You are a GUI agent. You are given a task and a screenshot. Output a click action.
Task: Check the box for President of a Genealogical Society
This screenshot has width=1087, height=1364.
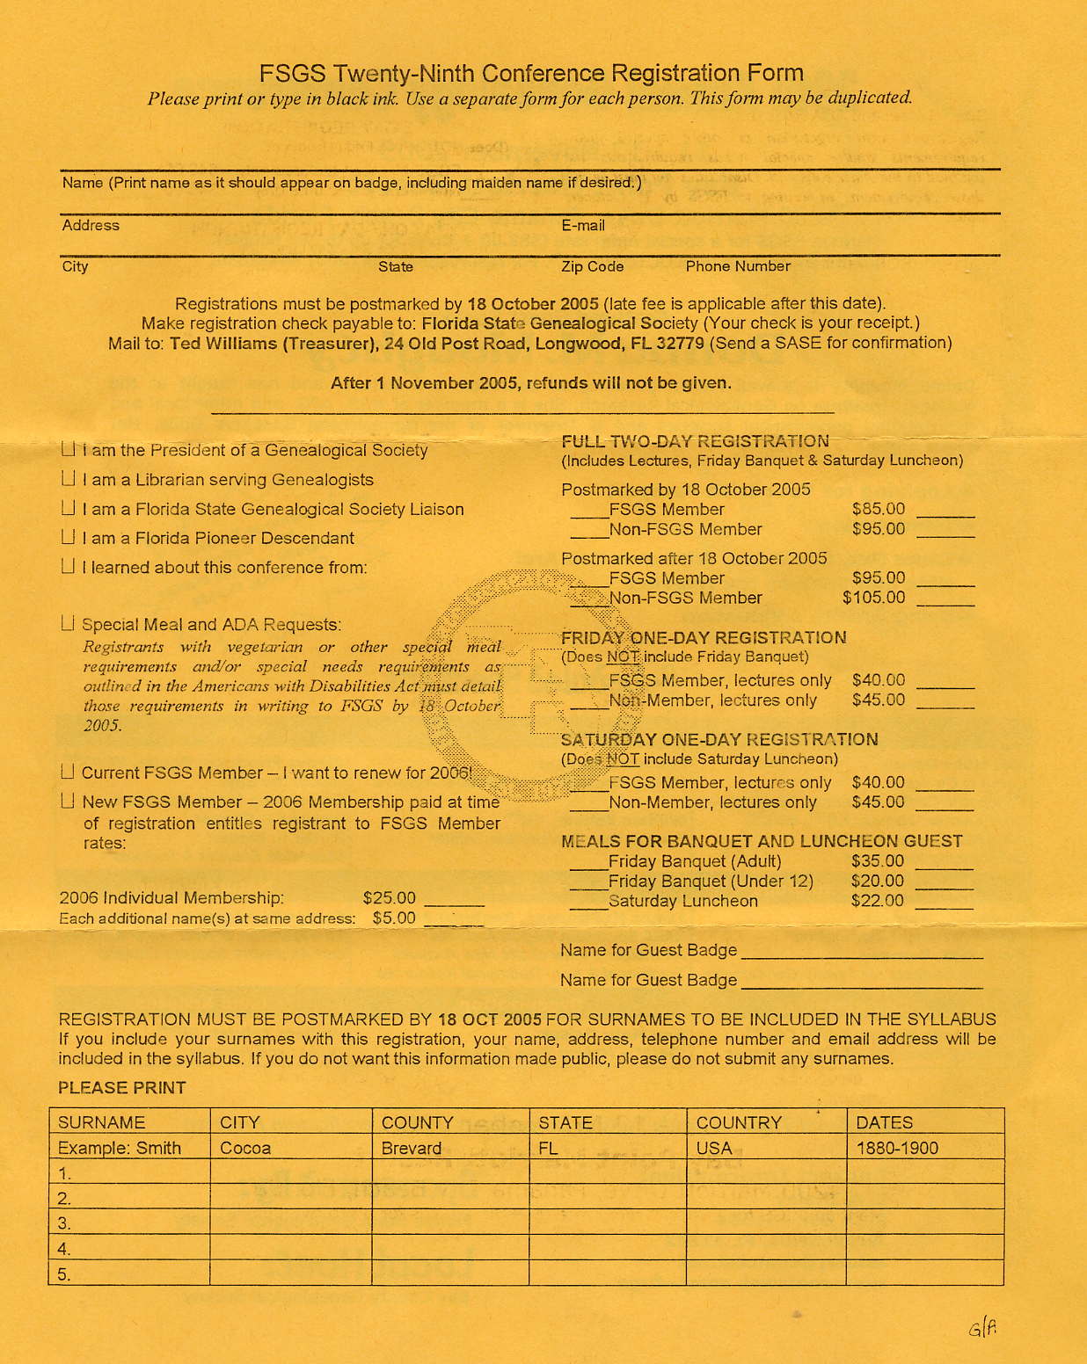(69, 449)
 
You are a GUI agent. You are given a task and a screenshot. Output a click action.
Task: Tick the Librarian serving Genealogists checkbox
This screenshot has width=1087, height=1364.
(69, 479)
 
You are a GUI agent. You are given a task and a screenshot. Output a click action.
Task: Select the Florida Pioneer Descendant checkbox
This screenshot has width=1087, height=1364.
(69, 537)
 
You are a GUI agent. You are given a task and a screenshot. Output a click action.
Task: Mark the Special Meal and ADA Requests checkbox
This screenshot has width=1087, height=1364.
(69, 624)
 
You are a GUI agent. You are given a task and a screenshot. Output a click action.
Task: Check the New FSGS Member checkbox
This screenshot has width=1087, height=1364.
(69, 802)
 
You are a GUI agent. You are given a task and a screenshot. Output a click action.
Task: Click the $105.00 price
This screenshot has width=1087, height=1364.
(873, 598)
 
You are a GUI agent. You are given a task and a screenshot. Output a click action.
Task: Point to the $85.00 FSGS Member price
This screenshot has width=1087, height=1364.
(878, 509)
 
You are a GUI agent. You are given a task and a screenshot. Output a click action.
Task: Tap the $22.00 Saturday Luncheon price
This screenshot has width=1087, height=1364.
(877, 901)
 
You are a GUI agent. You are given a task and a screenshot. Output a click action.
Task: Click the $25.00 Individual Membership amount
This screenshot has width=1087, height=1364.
(389, 897)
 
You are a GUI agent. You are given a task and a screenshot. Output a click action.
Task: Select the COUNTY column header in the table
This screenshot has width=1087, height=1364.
(417, 1122)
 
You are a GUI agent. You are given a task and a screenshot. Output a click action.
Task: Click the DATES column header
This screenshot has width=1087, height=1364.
(884, 1122)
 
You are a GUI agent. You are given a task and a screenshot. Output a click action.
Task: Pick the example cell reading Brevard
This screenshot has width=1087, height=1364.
(411, 1148)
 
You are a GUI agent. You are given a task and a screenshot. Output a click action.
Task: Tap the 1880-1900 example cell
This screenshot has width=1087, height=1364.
(897, 1148)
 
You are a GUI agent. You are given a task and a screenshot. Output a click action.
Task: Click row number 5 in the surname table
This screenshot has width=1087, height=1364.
(64, 1274)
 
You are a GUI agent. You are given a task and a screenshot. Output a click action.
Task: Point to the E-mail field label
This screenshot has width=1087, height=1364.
(583, 226)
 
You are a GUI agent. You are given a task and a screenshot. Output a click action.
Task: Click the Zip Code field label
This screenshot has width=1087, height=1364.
(592, 266)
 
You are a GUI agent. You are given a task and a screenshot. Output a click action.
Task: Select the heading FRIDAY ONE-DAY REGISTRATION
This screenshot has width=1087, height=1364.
(704, 637)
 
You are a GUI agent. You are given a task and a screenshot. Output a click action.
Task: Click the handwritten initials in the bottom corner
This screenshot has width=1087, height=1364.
(982, 1327)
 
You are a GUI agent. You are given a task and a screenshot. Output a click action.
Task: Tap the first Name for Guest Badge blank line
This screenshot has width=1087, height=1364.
(862, 956)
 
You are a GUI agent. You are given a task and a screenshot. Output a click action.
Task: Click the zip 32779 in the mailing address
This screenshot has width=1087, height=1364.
(678, 343)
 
